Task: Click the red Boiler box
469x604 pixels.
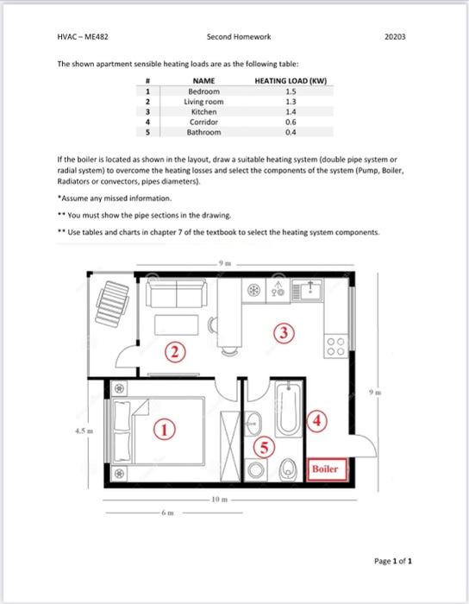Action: click(327, 469)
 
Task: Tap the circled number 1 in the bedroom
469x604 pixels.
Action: click(165, 430)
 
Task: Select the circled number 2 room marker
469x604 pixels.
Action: click(175, 352)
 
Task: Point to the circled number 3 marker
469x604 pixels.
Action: click(284, 332)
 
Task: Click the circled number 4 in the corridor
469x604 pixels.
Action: click(316, 421)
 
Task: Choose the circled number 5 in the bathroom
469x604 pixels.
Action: click(264, 447)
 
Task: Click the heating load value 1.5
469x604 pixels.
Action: click(291, 91)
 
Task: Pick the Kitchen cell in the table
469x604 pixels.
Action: click(204, 111)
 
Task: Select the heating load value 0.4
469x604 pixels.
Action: click(291, 132)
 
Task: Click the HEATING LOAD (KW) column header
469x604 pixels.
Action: click(291, 81)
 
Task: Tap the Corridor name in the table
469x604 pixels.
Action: click(204, 123)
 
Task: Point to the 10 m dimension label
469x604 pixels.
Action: click(220, 500)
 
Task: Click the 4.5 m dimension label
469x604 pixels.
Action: click(84, 431)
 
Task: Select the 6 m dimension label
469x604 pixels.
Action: click(168, 513)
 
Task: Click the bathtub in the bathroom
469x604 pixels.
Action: click(289, 409)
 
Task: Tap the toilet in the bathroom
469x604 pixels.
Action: click(287, 469)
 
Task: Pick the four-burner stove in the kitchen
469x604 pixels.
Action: click(336, 346)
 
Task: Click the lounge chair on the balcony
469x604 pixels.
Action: click(112, 304)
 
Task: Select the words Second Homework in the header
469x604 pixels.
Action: click(239, 37)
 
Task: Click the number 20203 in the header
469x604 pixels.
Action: click(395, 37)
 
